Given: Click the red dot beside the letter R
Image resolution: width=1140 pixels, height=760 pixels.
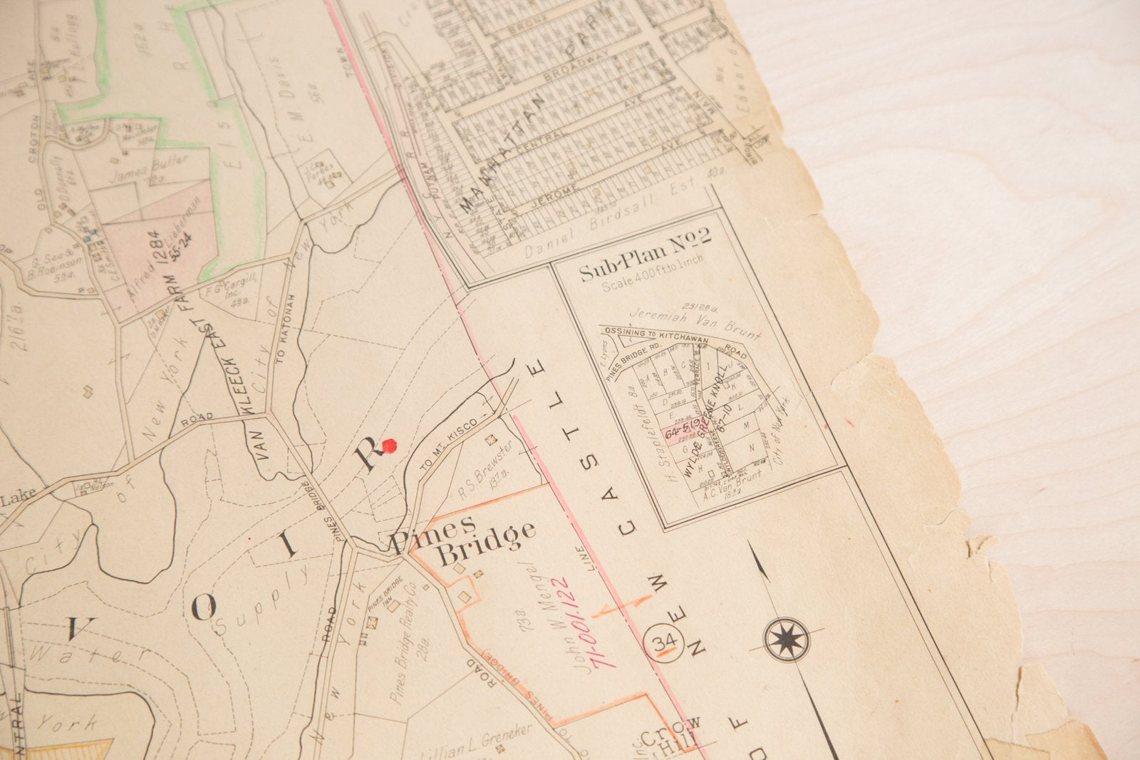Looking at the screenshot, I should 389,446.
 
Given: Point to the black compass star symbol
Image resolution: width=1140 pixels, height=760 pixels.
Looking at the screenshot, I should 787,639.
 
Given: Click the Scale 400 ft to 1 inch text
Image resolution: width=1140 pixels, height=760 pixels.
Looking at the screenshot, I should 651,275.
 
